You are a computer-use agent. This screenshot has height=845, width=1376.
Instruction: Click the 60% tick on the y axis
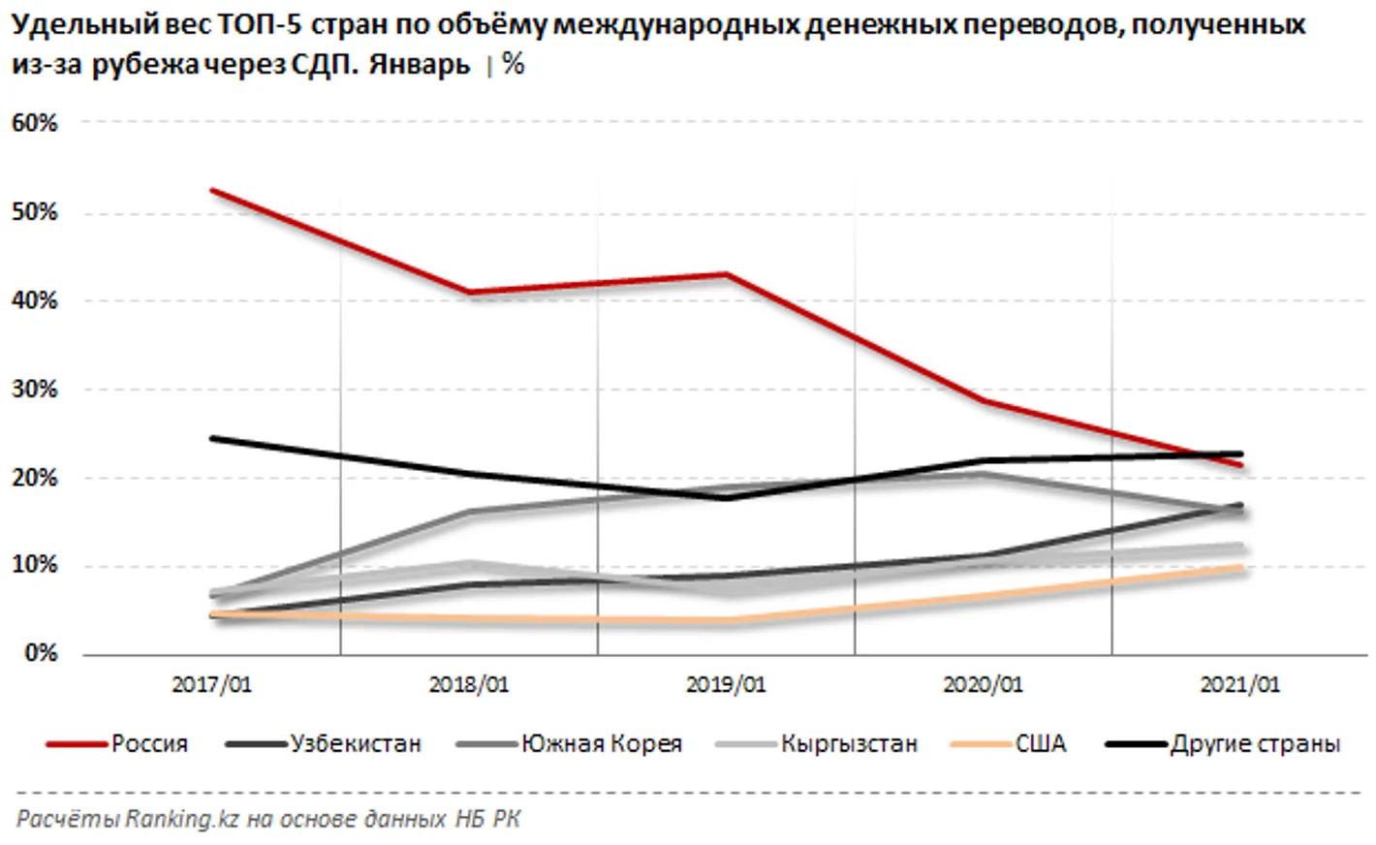[x=34, y=123]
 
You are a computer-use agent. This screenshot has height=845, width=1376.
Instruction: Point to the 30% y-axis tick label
[x=34, y=390]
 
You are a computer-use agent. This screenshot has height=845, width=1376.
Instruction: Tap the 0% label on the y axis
[x=40, y=654]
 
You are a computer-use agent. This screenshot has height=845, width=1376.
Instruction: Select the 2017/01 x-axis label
[x=211, y=684]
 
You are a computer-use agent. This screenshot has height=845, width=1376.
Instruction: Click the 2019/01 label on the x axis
[x=726, y=684]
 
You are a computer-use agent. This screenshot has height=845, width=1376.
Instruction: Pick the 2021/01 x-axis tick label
[x=1239, y=684]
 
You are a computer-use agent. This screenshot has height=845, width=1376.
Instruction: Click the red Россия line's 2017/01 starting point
[x=212, y=190]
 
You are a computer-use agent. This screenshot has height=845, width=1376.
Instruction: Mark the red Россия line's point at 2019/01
[x=726, y=274]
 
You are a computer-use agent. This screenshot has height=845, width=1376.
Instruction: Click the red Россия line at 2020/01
[x=983, y=400]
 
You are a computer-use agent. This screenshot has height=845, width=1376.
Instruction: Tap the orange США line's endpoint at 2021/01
[x=1239, y=568]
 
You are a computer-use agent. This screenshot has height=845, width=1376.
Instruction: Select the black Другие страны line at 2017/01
[x=212, y=438]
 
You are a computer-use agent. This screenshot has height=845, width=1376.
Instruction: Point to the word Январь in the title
[x=419, y=65]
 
